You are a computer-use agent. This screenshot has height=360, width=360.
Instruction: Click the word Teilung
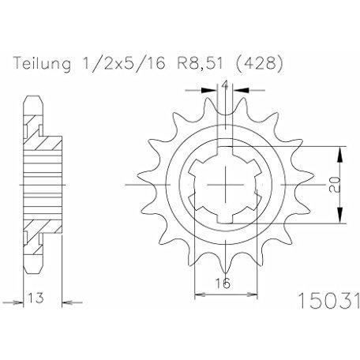[43, 64]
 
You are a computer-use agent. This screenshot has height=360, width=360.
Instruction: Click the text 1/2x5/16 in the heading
[124, 63]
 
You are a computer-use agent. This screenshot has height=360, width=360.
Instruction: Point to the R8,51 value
[201, 64]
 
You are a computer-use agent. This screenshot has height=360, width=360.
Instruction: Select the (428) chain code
[258, 64]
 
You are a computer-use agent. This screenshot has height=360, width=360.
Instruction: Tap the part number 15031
[328, 300]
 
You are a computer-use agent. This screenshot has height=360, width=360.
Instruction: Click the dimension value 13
[36, 298]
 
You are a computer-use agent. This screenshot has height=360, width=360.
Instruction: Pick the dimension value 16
[223, 283]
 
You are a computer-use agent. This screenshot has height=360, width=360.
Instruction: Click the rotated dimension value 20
[336, 184]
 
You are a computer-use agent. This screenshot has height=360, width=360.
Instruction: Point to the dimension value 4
[225, 85]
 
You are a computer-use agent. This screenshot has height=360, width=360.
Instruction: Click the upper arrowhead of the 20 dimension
[340, 155]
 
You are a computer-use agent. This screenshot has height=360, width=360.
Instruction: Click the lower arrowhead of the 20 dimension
[340, 216]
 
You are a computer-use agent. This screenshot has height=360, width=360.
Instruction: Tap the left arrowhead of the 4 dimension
[209, 90]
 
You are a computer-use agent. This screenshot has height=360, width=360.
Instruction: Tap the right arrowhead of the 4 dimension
[242, 90]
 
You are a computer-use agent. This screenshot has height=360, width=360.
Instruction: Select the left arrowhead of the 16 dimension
[200, 294]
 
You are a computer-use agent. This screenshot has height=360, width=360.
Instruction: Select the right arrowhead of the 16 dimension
[252, 294]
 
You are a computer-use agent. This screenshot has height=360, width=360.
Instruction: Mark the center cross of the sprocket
[226, 185]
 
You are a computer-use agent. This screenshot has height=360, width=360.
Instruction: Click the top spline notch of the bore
[225, 152]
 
